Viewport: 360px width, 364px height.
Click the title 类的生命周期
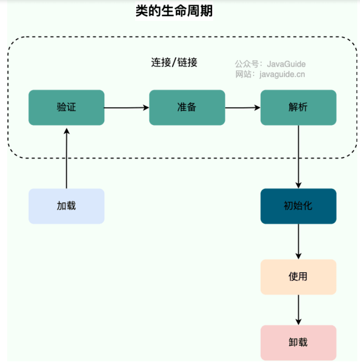174,11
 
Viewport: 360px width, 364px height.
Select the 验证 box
67,108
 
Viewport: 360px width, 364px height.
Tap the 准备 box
187,108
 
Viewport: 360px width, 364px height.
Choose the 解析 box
298,108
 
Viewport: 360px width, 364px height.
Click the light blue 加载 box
67,206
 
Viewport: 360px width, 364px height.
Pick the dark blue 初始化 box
298,206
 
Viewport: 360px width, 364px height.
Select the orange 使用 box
298,277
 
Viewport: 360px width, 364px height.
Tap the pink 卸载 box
298,343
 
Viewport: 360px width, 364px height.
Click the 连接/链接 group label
174,63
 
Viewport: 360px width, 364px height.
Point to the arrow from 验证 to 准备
127,108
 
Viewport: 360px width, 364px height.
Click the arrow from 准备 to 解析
243,108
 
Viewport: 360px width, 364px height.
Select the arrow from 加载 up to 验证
67,158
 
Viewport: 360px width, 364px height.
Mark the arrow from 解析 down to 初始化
298,157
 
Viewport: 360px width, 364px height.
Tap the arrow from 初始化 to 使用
298,242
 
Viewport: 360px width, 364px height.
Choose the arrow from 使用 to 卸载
298,310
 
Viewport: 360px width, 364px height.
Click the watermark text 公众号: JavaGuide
270,64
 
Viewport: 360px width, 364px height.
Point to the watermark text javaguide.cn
282,74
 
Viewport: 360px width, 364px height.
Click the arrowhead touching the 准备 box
146,108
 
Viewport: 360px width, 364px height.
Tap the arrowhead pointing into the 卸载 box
298,322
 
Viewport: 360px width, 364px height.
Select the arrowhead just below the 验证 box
67,131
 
